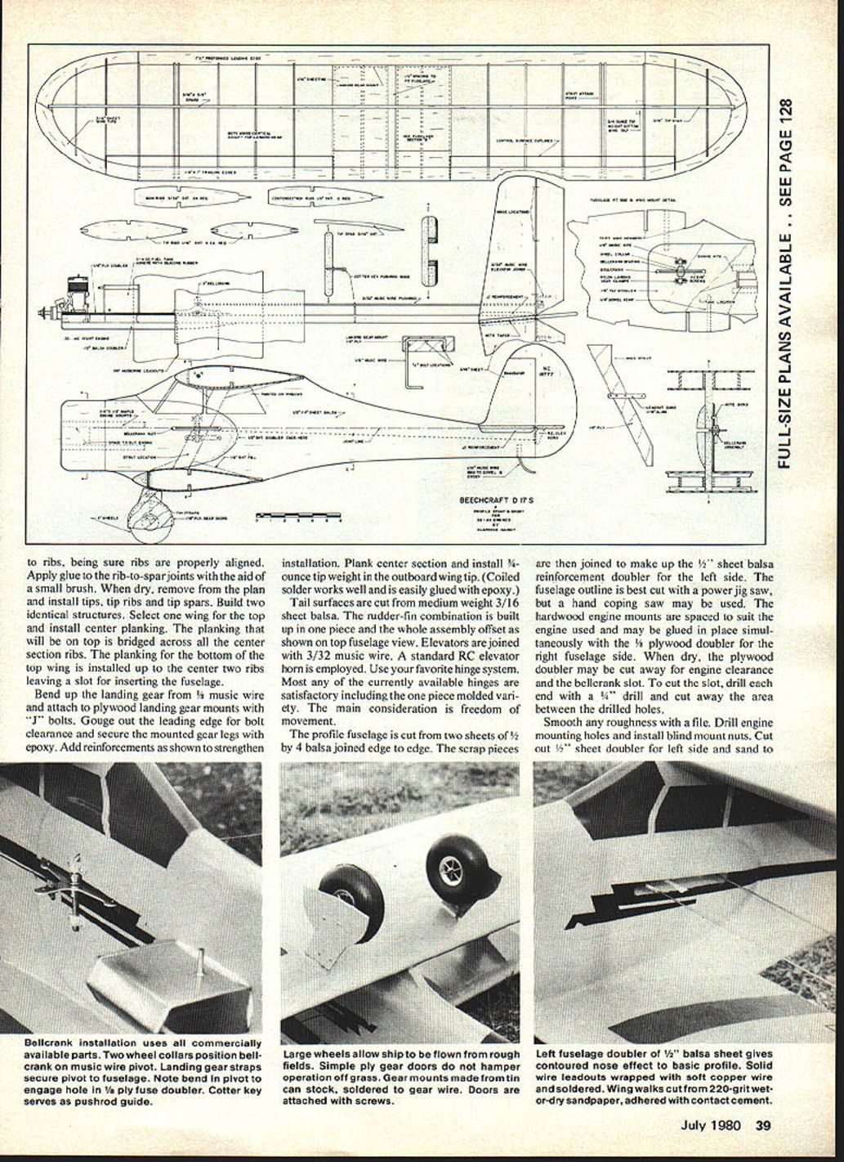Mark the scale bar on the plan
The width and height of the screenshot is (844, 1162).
298,517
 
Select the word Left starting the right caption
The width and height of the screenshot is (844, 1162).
547,1055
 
